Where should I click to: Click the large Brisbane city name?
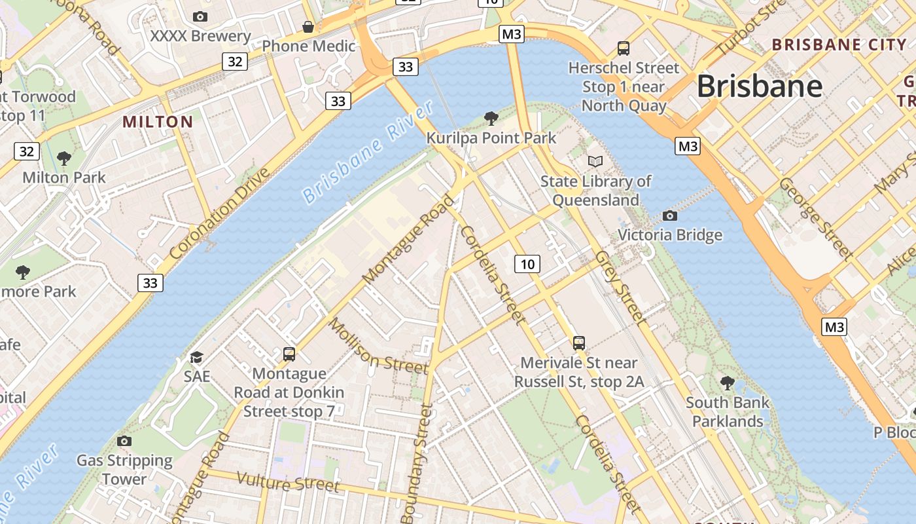coord(759,86)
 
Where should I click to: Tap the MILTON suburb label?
coord(158,122)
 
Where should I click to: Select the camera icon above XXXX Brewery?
coord(200,16)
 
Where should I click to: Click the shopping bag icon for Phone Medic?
coord(308,27)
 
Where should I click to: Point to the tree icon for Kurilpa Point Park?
coord(491,119)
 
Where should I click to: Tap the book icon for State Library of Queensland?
coord(595,161)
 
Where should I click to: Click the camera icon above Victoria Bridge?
coord(669,215)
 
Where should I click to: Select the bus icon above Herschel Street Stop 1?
coord(624,48)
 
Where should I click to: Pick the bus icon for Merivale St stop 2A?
coord(579,343)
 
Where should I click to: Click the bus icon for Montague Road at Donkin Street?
coord(289,354)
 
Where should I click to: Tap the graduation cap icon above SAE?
coord(196,357)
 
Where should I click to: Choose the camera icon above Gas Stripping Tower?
coord(124,441)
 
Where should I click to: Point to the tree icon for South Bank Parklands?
coord(727,383)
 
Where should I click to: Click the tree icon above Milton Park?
coord(63,158)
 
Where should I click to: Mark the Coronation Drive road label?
coord(219,213)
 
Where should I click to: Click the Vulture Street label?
coord(288,483)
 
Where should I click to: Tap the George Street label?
coord(816,218)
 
